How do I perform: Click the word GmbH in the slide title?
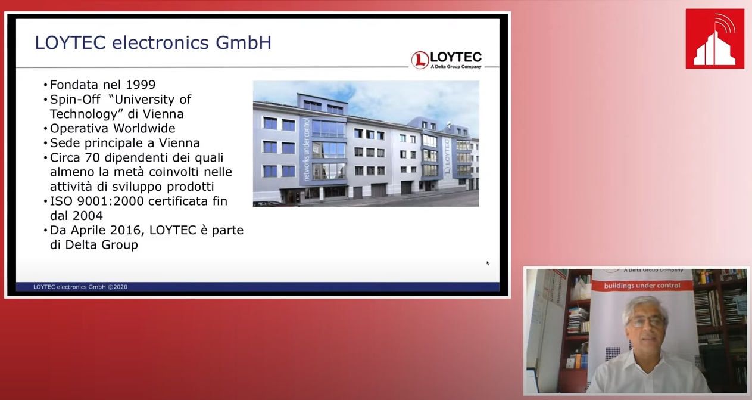pos(244,43)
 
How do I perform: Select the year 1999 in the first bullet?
pos(141,85)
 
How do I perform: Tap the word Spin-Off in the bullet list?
pos(75,100)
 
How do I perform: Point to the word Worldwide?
pos(144,128)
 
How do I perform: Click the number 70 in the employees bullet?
pos(92,157)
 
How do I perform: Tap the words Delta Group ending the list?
pos(101,245)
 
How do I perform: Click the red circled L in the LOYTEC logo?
pos(420,60)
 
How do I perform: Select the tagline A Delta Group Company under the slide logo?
pos(456,67)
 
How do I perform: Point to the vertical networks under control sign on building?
pos(306,150)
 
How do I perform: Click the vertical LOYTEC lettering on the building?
pos(447,152)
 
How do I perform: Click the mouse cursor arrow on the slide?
pos(488,263)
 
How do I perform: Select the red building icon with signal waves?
pos(714,39)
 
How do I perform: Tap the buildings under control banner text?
pos(642,286)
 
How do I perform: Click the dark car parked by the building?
pos(268,203)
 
